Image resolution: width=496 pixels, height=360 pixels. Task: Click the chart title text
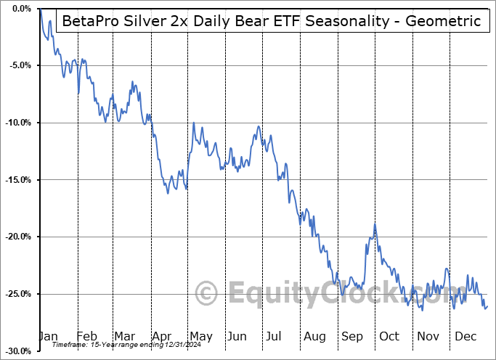(272, 21)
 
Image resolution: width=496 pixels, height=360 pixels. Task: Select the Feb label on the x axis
(86, 336)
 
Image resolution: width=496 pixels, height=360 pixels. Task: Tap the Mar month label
(125, 336)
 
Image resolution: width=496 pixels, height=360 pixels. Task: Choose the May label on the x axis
(200, 336)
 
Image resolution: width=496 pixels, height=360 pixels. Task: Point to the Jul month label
(275, 336)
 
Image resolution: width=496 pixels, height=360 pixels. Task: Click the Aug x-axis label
(314, 336)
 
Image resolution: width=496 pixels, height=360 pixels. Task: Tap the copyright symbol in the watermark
(206, 294)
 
